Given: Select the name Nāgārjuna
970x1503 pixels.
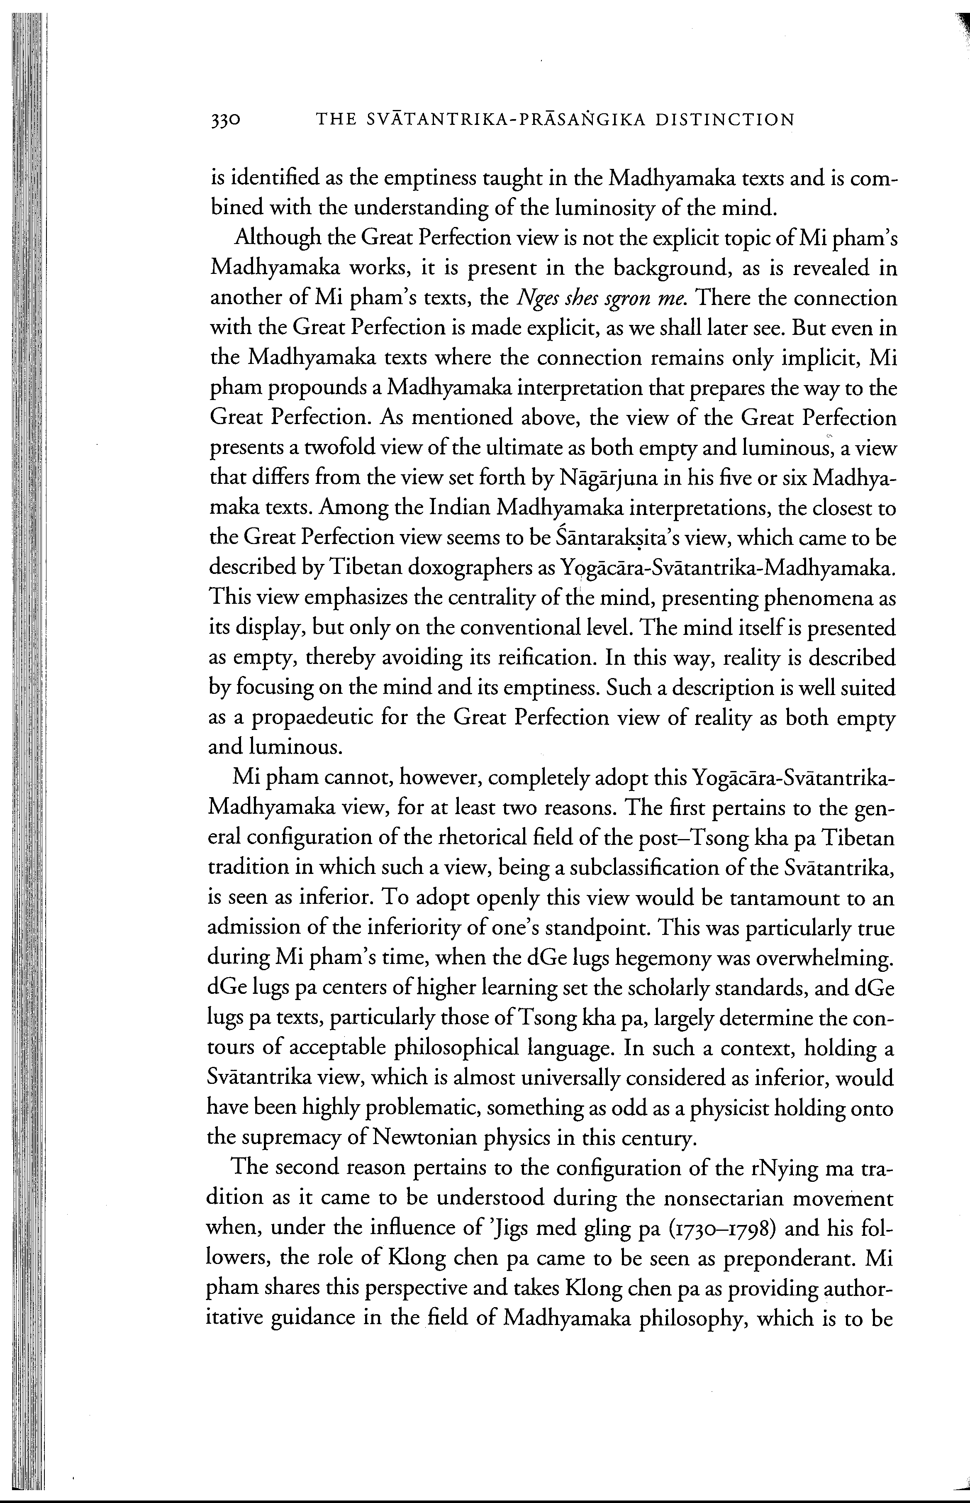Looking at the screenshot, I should (x=619, y=479).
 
